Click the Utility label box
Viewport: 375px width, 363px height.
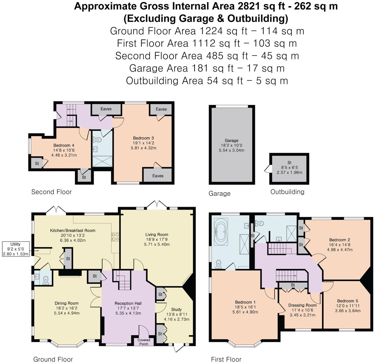point(16,249)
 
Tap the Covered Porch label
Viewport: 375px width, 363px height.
point(144,342)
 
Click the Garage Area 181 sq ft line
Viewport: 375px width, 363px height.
point(207,68)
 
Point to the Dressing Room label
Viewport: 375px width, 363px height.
point(302,305)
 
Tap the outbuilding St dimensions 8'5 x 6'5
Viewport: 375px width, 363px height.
point(289,167)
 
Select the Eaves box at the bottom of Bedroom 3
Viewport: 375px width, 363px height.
point(158,176)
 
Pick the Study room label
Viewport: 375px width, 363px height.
point(176,309)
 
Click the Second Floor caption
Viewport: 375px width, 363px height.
point(51,192)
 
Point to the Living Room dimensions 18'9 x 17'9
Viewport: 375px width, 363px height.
point(157,239)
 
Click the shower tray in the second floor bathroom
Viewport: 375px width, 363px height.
point(102,161)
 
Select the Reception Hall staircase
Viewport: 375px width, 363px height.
point(123,280)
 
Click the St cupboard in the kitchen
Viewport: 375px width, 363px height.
point(68,259)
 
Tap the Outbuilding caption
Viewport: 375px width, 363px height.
point(287,192)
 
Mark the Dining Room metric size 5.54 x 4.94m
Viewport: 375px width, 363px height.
point(66,313)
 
